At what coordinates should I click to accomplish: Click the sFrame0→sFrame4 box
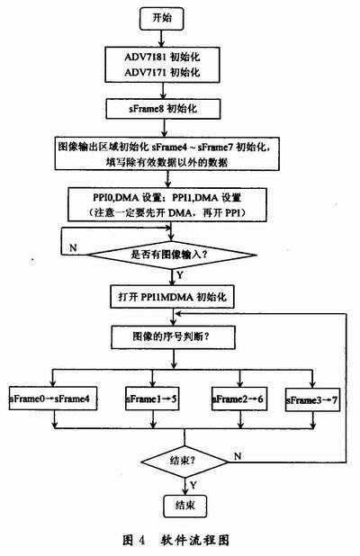click(x=53, y=397)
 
